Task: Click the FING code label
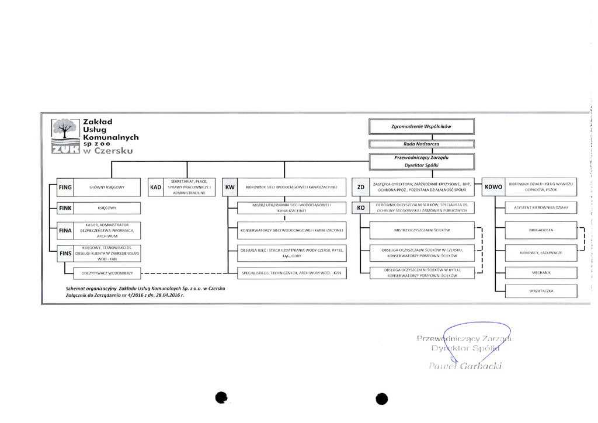65,188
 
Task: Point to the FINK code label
65,207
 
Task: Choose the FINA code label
65,231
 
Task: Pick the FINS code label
65,254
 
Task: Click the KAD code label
156,188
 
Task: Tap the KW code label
230,188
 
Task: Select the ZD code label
361,188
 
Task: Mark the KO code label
361,207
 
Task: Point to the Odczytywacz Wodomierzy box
107,273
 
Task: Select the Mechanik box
540,272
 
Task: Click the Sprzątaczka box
540,290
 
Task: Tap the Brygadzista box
540,231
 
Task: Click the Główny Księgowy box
107,188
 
